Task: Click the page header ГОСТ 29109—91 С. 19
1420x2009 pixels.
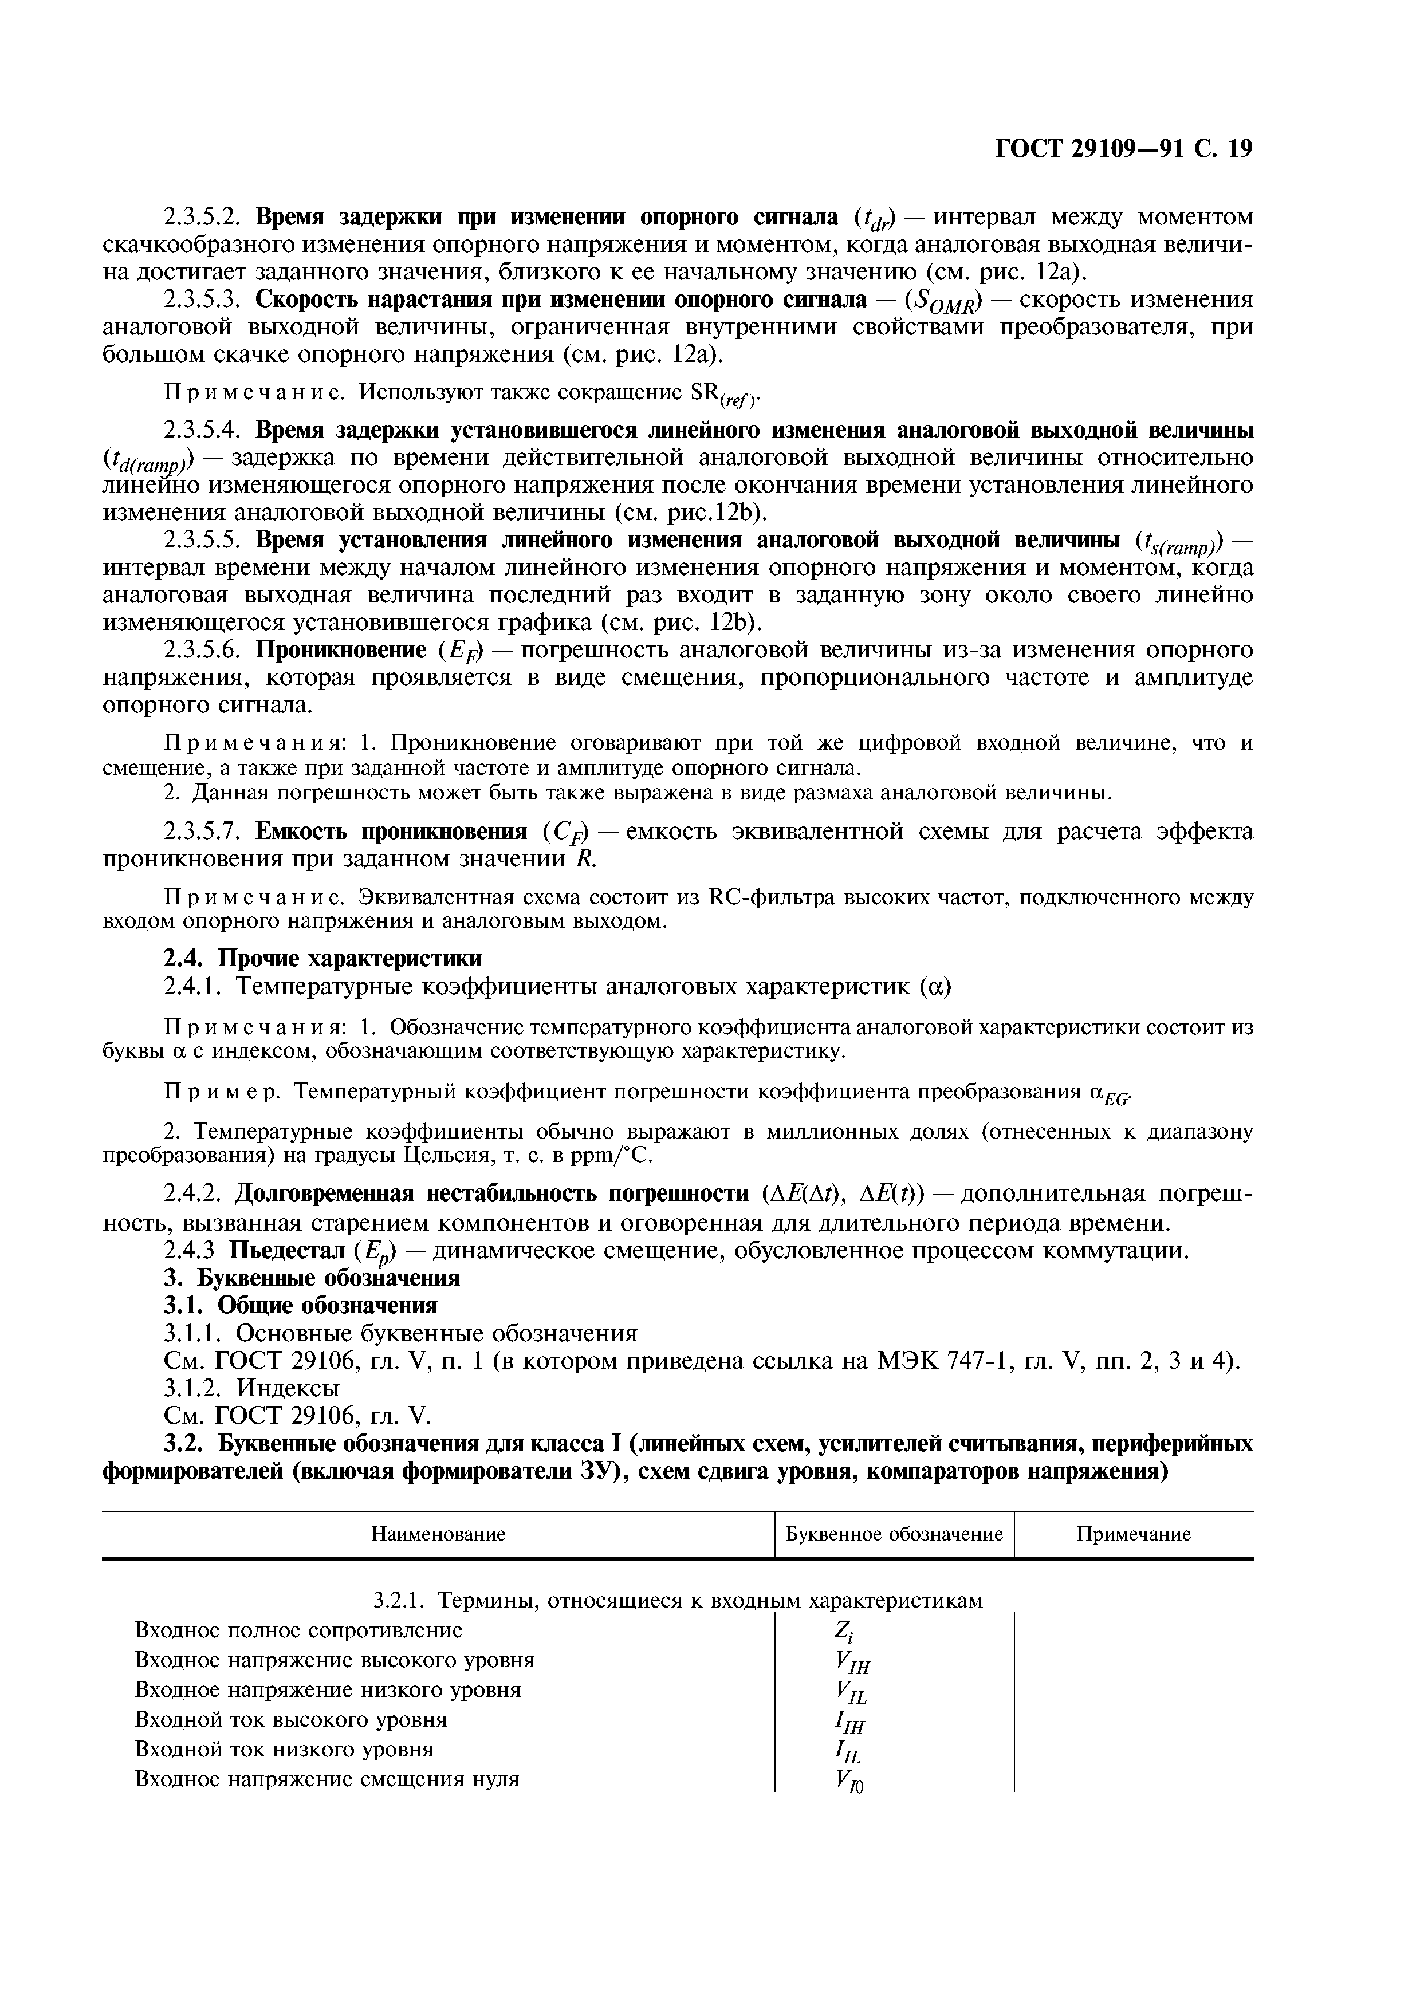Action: (x=1124, y=149)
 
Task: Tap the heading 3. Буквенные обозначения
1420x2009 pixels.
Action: (x=312, y=1278)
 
